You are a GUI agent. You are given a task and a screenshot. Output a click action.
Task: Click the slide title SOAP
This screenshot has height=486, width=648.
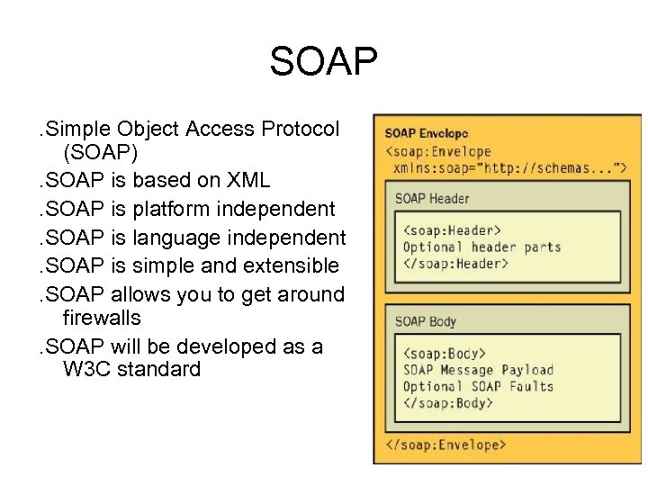[324, 62]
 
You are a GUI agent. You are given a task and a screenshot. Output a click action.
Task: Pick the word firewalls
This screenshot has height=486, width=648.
[102, 319]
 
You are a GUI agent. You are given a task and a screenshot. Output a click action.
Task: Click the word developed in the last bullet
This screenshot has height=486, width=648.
[220, 346]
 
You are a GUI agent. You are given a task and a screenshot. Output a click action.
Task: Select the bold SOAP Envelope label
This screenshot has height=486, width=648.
[426, 134]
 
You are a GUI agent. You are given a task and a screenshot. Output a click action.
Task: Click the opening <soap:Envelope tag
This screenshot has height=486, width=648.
[438, 151]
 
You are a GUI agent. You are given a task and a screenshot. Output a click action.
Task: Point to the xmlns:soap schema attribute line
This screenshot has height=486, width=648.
[509, 167]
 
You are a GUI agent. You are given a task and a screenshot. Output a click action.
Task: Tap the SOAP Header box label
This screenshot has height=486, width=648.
[432, 198]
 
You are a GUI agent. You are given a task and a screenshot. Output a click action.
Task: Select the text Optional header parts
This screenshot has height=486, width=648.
[481, 247]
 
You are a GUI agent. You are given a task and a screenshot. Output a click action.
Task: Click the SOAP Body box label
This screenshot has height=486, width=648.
[426, 320]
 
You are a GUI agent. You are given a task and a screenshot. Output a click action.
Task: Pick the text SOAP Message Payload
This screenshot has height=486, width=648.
[478, 370]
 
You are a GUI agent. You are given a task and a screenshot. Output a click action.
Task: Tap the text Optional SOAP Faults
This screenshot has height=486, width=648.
[478, 387]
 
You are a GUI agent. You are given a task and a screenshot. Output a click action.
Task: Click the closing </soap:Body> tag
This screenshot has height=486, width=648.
[448, 404]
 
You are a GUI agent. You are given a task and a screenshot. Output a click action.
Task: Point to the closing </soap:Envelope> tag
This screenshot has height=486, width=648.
[445, 445]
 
